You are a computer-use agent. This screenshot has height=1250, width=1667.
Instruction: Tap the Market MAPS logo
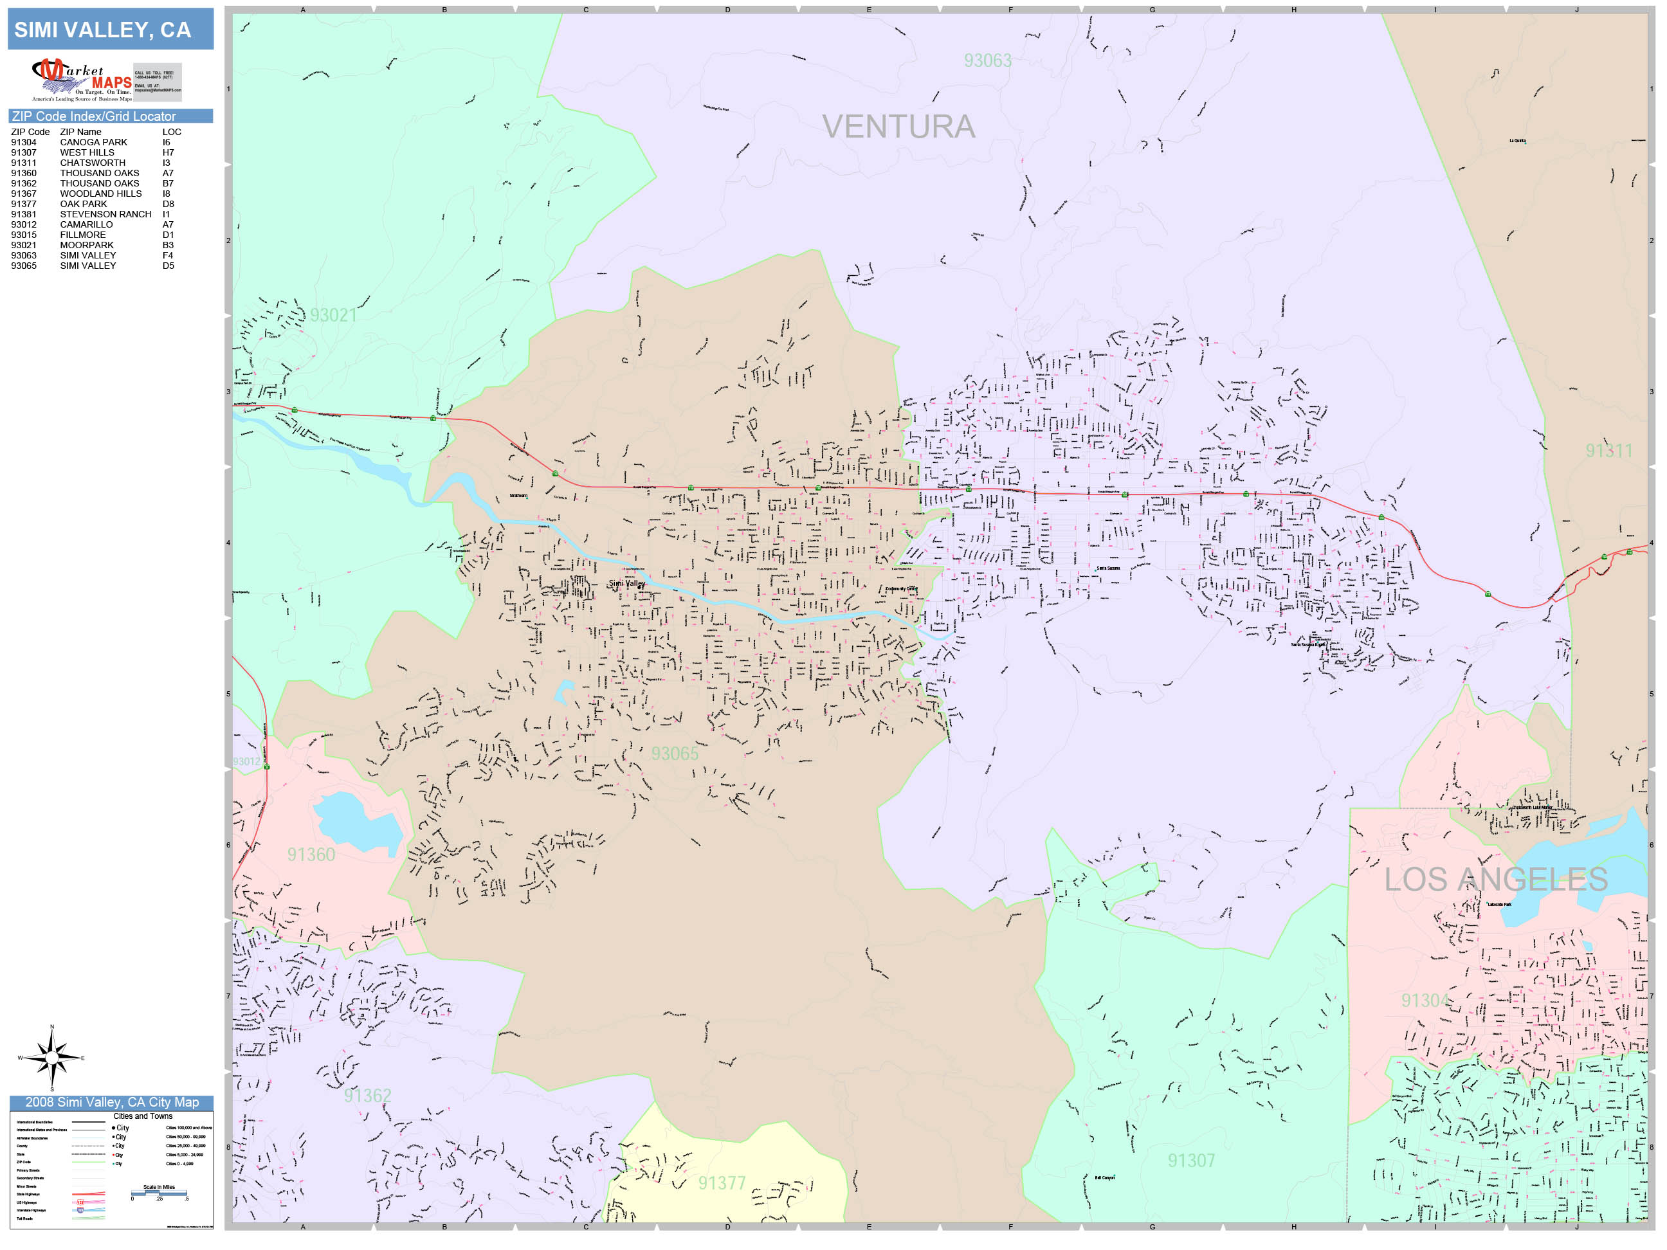(82, 80)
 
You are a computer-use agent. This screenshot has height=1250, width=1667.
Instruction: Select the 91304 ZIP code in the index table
(23, 142)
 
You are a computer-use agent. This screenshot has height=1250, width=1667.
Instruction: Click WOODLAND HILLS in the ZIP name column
(100, 194)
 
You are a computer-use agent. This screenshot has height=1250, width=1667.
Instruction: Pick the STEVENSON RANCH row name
(105, 214)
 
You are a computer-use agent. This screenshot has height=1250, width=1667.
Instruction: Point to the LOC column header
(171, 132)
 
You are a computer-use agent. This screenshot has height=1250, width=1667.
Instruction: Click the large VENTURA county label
(898, 127)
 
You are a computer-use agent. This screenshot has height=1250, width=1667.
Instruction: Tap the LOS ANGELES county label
(1495, 879)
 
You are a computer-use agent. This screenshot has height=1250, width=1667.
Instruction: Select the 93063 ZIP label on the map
(987, 60)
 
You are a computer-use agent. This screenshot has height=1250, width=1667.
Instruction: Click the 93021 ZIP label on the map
(332, 315)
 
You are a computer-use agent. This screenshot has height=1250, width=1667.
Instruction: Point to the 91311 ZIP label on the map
(1608, 451)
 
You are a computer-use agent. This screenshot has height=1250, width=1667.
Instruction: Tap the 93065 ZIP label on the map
(675, 754)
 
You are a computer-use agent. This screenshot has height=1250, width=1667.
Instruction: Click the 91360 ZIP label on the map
(311, 855)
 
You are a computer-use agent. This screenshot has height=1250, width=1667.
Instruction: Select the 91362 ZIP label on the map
(367, 1096)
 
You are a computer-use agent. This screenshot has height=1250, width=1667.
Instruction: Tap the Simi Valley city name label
(626, 583)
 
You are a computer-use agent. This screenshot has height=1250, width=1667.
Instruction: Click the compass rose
(51, 1058)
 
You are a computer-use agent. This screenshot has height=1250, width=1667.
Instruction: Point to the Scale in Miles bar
(159, 1193)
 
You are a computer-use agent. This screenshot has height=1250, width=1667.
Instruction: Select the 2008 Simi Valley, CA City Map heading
(111, 1102)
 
